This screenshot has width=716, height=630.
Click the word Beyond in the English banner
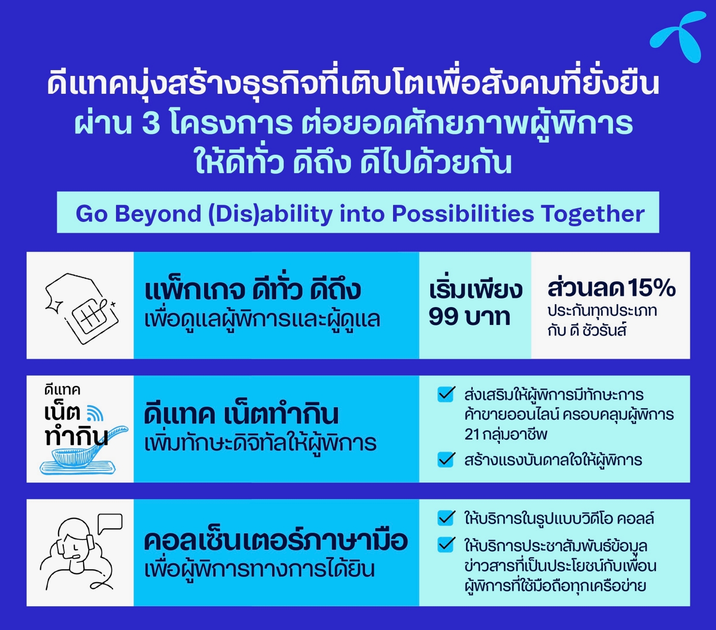coord(158,214)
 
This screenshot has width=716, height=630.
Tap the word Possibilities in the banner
coord(463,214)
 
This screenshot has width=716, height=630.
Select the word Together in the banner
coord(593,214)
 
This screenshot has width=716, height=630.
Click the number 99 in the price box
coord(444,316)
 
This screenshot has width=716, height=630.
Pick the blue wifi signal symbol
coord(95,413)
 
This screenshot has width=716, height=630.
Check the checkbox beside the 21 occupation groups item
coord(446,395)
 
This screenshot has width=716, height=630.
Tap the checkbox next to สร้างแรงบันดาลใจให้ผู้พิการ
coord(446,460)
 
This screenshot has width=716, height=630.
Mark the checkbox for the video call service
coord(446,518)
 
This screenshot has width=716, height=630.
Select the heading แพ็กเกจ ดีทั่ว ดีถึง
coord(252,290)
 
